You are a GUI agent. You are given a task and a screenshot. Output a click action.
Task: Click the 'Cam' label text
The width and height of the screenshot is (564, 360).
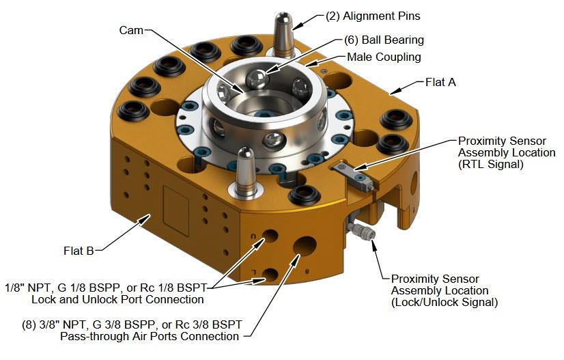[131, 30]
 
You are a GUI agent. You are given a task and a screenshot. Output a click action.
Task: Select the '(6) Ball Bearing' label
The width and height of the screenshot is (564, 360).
[384, 40]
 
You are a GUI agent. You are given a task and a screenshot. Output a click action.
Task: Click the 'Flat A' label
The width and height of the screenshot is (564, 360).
[440, 82]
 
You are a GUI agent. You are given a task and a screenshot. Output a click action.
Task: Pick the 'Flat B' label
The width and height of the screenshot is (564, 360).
[79, 250]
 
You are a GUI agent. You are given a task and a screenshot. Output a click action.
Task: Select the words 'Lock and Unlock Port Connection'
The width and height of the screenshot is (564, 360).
[117, 299]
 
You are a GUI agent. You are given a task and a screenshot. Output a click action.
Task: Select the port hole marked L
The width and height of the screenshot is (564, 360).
[270, 275]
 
